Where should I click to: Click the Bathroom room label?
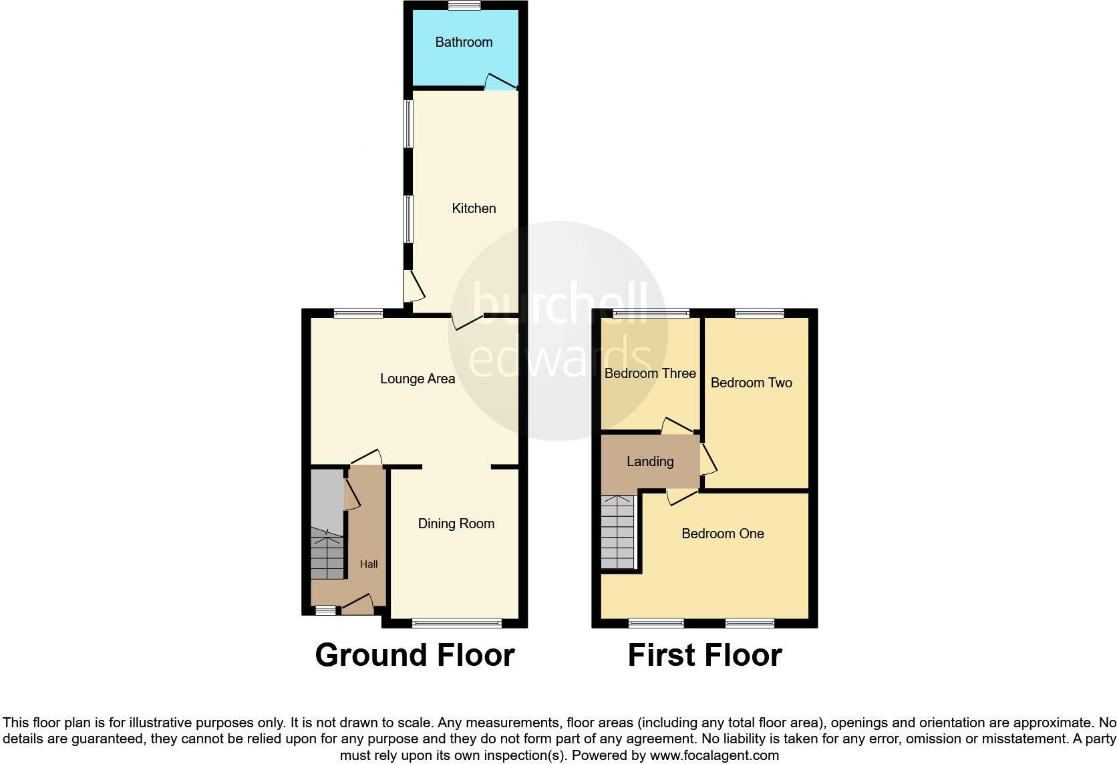(x=464, y=42)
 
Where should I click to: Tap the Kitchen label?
(x=474, y=208)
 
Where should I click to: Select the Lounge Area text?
(x=418, y=379)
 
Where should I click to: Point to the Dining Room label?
(x=456, y=524)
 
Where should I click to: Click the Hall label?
(x=369, y=564)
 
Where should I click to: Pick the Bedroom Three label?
(x=650, y=373)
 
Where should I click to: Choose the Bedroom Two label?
(x=751, y=383)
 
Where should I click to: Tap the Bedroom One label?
(x=722, y=534)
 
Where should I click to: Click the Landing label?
(x=650, y=461)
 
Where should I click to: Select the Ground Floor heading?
(x=415, y=655)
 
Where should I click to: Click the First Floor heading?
(x=705, y=655)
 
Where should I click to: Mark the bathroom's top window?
(x=464, y=6)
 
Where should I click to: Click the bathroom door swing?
(x=500, y=81)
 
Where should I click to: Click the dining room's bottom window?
(x=457, y=623)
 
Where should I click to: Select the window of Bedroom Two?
(x=759, y=313)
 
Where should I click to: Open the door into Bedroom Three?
(x=677, y=426)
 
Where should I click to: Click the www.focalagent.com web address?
(x=714, y=756)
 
